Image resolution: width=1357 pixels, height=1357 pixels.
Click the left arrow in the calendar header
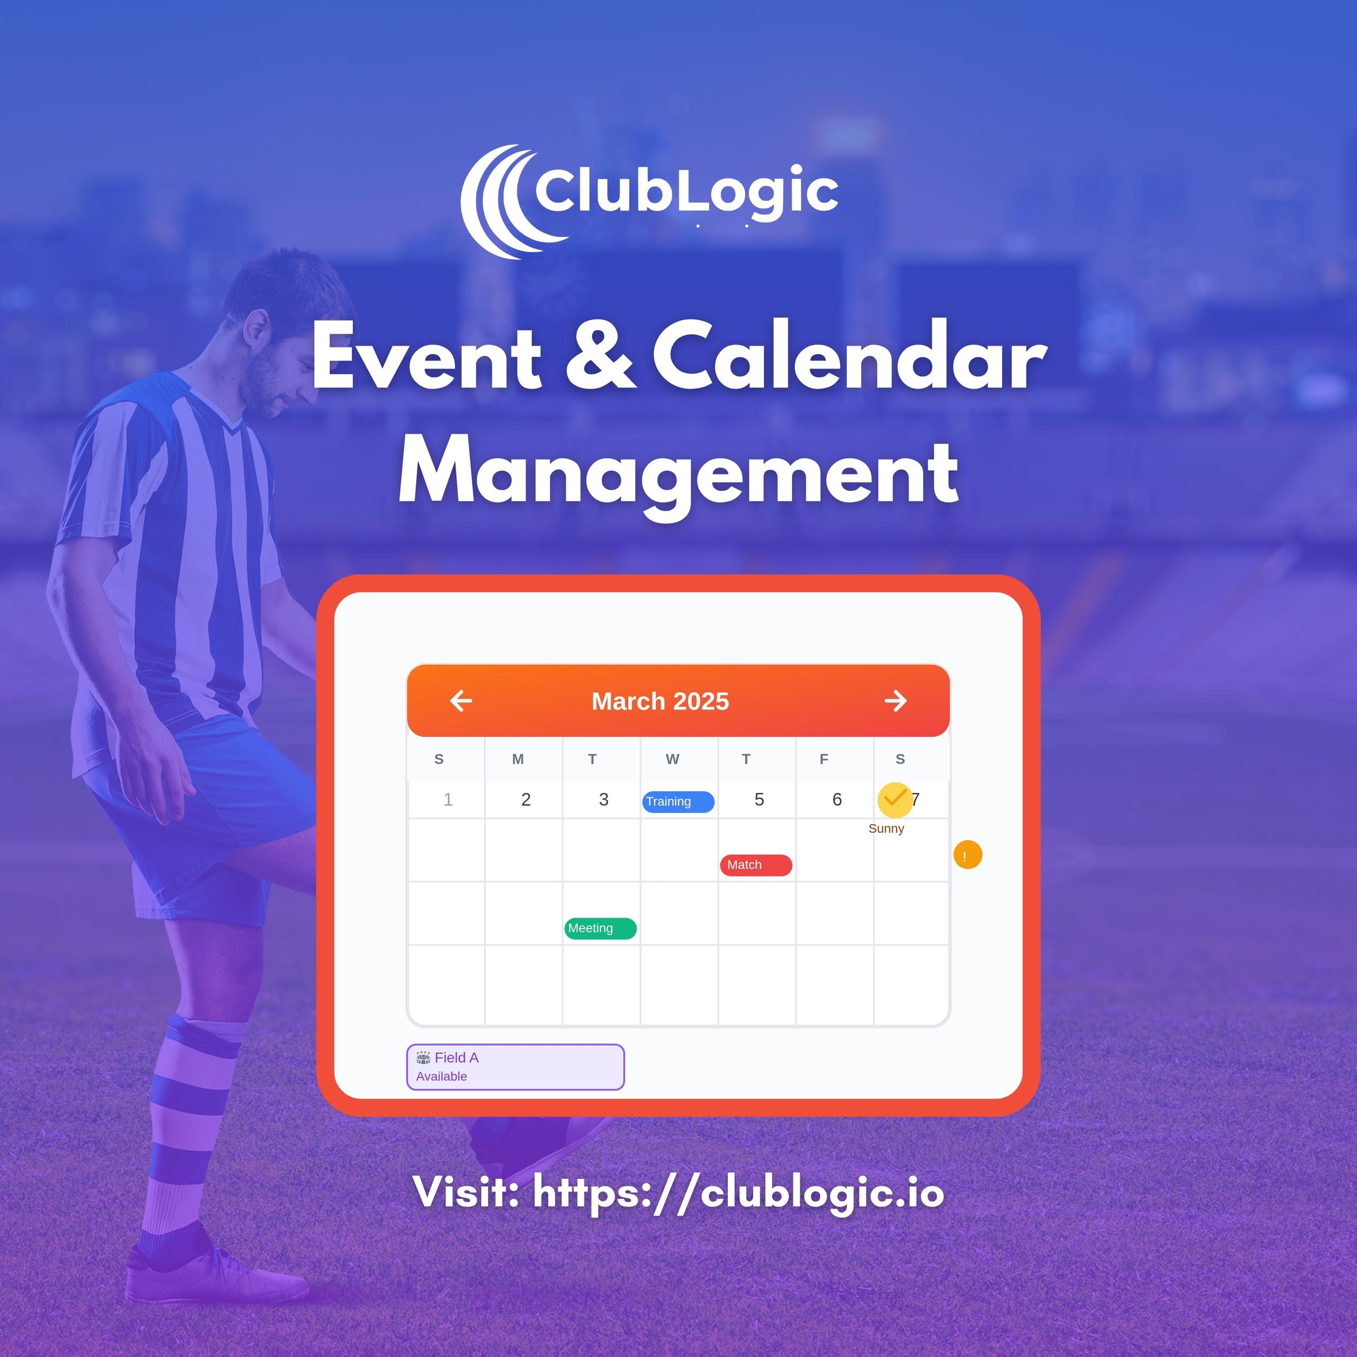461,701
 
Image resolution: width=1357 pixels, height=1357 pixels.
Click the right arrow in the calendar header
895,701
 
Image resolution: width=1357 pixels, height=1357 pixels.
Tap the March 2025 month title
660,701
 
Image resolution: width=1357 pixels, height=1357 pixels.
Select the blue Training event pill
678,801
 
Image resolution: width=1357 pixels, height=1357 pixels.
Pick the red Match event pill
756,865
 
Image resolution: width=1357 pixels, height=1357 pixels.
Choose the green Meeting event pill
601,928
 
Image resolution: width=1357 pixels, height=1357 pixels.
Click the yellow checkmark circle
895,799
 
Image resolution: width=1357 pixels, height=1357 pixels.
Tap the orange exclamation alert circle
967,855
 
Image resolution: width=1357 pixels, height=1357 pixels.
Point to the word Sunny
886,828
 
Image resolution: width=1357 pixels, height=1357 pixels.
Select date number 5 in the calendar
759,799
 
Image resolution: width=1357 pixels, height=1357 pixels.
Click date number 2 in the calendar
526,799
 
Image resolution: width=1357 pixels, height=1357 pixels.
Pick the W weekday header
672,759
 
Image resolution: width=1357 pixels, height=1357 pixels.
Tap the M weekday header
518,759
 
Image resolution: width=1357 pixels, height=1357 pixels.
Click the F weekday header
824,759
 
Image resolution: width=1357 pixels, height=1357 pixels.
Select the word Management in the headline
678,472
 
